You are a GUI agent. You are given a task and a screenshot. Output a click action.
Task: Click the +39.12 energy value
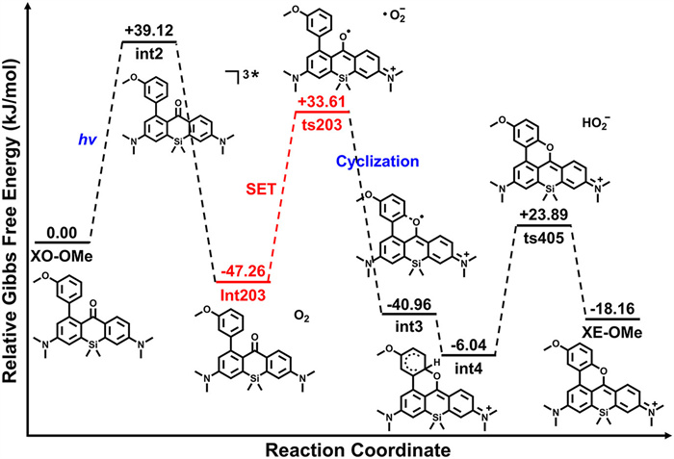coord(148,30)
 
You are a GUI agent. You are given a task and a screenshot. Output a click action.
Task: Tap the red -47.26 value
coord(242,269)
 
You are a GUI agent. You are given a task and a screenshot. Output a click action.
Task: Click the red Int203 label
coord(242,293)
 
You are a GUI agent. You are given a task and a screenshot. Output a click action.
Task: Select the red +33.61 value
coord(322,103)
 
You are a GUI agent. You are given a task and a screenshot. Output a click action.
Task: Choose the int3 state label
coord(408,333)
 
